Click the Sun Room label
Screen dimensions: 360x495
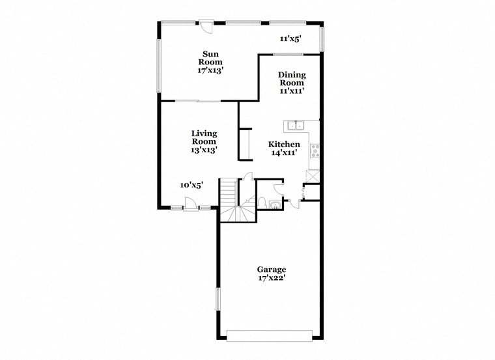210,58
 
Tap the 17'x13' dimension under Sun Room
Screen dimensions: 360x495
210,70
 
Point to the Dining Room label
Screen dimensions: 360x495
292,79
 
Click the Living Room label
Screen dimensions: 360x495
204,137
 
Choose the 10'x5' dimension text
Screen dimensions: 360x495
191,185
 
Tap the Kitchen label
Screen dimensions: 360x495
285,145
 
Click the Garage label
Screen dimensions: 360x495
271,270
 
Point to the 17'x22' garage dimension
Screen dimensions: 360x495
271,279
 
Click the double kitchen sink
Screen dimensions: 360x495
295,126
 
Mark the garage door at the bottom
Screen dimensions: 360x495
269,335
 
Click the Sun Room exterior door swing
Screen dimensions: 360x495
206,27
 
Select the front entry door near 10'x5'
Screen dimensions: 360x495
190,207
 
